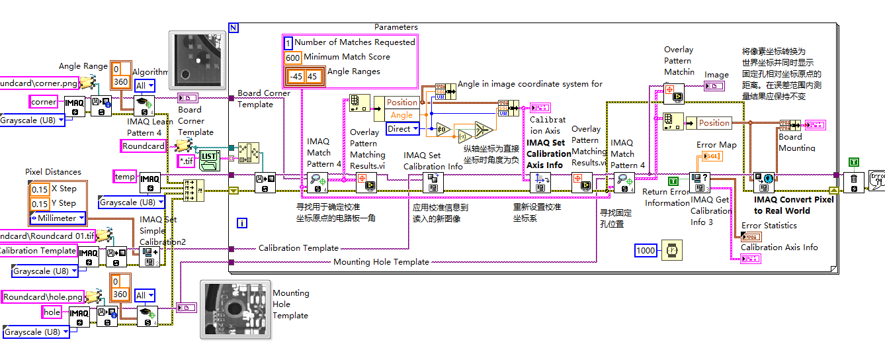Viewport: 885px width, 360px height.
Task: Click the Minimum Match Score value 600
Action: [x=293, y=58]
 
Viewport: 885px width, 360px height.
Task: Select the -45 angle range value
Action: [x=296, y=77]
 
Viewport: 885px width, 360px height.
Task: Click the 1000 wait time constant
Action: [x=646, y=251]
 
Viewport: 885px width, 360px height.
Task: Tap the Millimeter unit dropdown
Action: [x=58, y=218]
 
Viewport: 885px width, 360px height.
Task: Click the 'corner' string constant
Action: [x=44, y=101]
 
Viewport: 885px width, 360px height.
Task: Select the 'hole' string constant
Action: [x=52, y=312]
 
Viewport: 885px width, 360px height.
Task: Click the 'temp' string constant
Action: [x=124, y=177]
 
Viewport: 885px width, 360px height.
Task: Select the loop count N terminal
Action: [x=233, y=27]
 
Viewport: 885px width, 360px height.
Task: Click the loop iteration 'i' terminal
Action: [x=242, y=223]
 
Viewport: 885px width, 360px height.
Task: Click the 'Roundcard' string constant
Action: [x=144, y=146]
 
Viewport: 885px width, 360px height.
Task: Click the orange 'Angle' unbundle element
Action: [x=401, y=115]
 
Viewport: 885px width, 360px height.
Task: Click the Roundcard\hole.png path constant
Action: [x=42, y=297]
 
